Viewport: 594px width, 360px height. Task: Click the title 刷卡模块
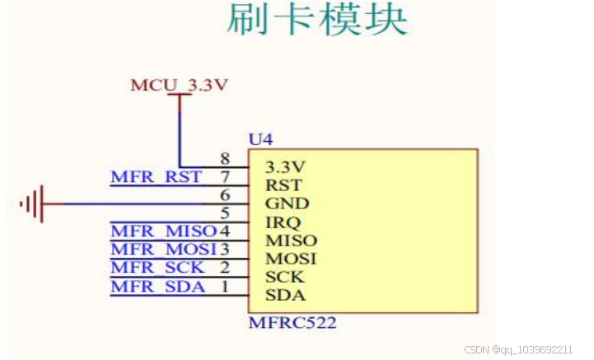pyautogui.click(x=317, y=21)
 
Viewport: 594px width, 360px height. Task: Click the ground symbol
pyautogui.click(x=32, y=203)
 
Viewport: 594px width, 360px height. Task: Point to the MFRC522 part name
pyautogui.click(x=292, y=324)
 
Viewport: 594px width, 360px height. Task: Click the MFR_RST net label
pyautogui.click(x=156, y=177)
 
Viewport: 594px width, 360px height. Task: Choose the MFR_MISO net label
pyautogui.click(x=163, y=231)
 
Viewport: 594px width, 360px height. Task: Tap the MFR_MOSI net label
pyautogui.click(x=163, y=249)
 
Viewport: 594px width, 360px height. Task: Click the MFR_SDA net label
pyautogui.click(x=156, y=286)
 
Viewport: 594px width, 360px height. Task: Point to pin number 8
pyautogui.click(x=224, y=158)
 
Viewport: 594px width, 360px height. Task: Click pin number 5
pyautogui.click(x=224, y=213)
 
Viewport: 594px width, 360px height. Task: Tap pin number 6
pyautogui.click(x=224, y=195)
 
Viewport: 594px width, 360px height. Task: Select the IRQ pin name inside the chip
pyautogui.click(x=283, y=222)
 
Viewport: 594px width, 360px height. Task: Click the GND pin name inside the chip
pyautogui.click(x=286, y=203)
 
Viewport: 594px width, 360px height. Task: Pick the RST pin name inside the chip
pyautogui.click(x=283, y=185)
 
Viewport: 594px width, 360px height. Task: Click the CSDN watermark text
pyautogui.click(x=518, y=349)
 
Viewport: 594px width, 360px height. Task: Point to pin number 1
pyautogui.click(x=224, y=286)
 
